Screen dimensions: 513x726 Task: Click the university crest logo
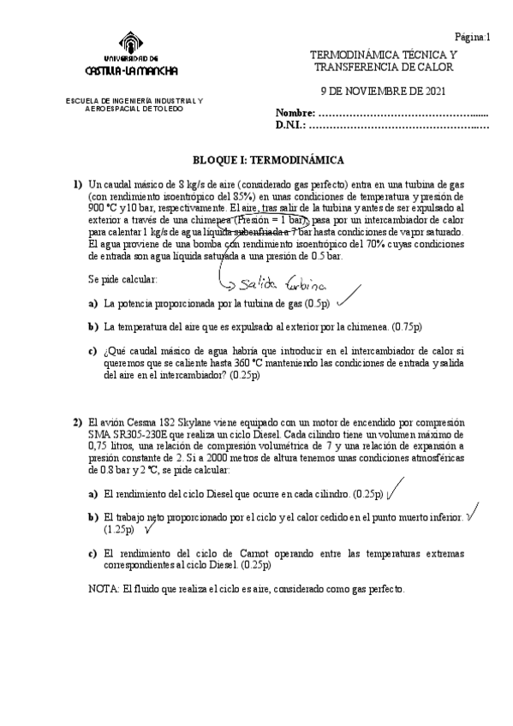point(127,44)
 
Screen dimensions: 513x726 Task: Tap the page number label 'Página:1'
point(472,37)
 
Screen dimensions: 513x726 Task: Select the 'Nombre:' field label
point(295,113)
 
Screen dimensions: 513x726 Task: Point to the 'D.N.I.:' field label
point(291,125)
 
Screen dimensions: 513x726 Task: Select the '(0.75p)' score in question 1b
point(406,326)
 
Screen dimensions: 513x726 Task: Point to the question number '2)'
point(77,422)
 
